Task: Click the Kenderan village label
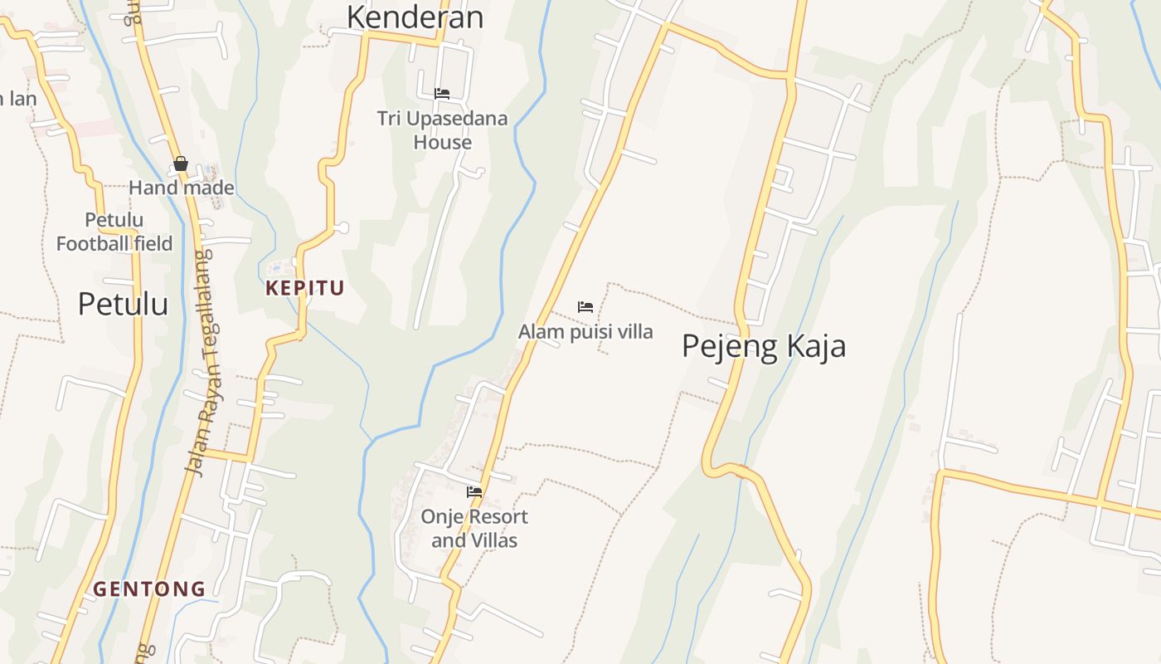point(415,17)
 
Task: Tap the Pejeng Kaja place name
point(764,346)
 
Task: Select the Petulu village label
point(123,304)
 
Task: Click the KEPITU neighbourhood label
point(304,289)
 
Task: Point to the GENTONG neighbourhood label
point(149,589)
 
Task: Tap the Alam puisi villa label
point(585,332)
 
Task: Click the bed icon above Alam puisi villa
point(585,307)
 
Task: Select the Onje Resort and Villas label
point(474,528)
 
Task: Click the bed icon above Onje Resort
point(474,492)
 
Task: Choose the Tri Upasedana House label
point(442,130)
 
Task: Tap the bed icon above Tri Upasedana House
point(442,94)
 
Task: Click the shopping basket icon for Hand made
point(181,164)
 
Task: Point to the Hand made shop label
point(181,188)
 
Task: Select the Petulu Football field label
point(114,232)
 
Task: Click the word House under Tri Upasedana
point(442,142)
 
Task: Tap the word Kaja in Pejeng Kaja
point(812,346)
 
